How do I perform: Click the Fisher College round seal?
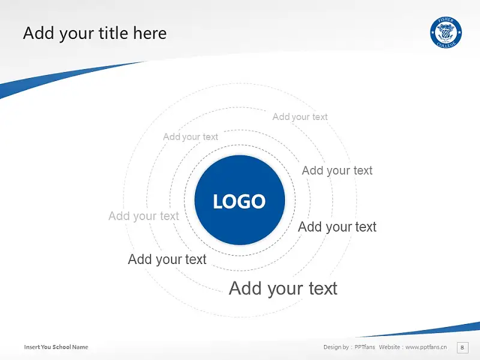[446, 32]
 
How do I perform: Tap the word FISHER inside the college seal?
[446, 21]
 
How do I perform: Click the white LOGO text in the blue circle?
[239, 202]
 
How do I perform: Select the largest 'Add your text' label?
[283, 289]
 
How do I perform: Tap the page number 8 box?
[462, 347]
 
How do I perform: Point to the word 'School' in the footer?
[62, 347]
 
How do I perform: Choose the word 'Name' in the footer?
[80, 347]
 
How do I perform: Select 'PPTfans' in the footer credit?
[365, 347]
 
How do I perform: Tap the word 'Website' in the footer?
[389, 347]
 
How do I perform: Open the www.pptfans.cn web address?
[426, 347]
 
